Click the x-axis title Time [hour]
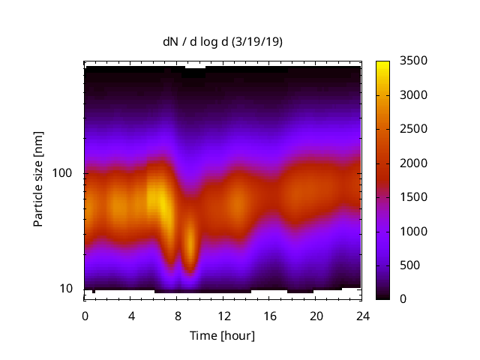pyautogui.click(x=222, y=335)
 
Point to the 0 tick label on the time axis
pyautogui.click(x=85, y=316)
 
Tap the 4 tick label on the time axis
pyautogui.click(x=131, y=316)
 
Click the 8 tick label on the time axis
pyautogui.click(x=177, y=316)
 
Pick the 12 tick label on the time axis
pyautogui.click(x=223, y=316)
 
